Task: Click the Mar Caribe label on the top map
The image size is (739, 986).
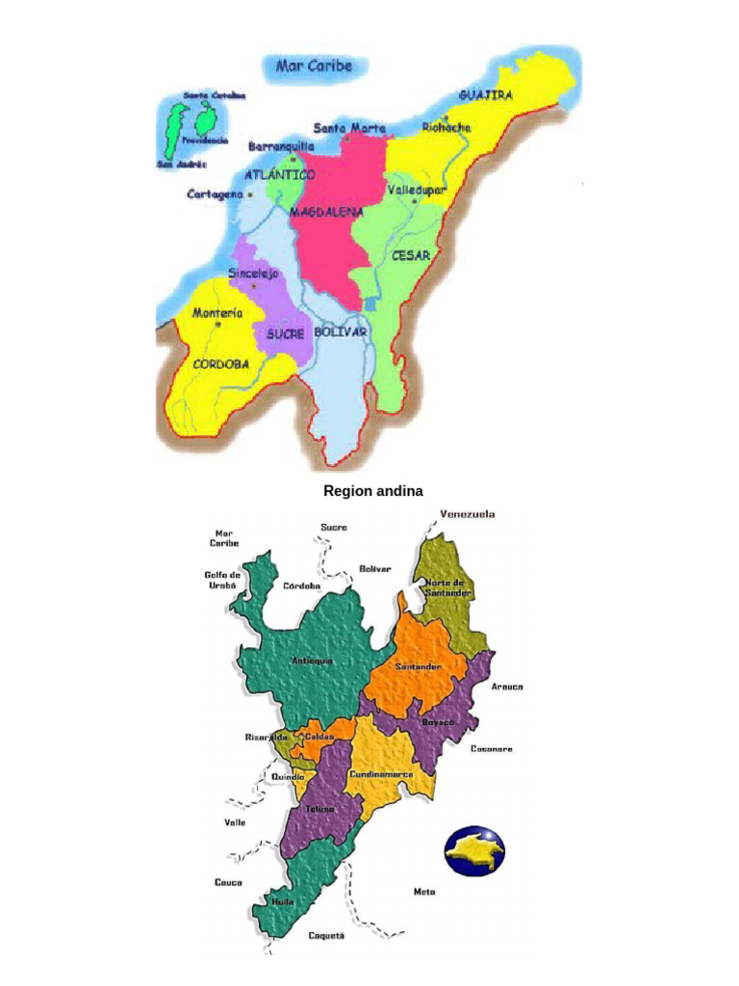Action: point(314,66)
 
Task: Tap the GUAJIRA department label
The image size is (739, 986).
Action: point(485,95)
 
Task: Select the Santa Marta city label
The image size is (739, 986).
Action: point(349,128)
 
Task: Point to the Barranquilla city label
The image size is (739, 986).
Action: point(281,146)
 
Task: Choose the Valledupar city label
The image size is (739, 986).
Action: point(417,191)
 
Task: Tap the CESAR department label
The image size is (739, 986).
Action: point(411,255)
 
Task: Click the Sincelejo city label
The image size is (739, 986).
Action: point(253,273)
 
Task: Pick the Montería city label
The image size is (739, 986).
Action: point(217,313)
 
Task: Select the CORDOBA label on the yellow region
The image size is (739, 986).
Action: point(221,364)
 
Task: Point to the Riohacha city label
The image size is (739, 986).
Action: point(446,127)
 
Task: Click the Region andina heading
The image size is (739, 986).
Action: point(372,491)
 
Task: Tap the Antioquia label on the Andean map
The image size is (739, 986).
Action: point(312,661)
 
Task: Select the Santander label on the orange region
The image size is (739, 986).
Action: point(418,666)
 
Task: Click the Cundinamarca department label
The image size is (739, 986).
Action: point(381,773)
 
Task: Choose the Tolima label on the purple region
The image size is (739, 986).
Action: point(319,809)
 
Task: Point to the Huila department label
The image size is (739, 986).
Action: point(283,902)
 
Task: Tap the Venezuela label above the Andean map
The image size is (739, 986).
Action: point(468,514)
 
